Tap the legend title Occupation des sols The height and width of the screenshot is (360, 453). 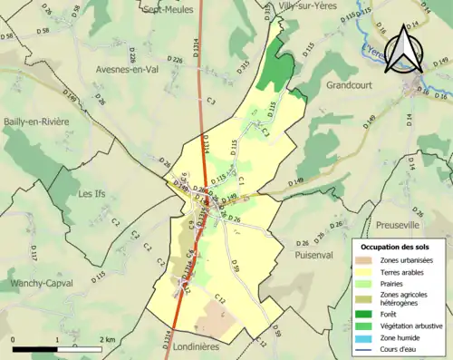(x=396, y=247)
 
